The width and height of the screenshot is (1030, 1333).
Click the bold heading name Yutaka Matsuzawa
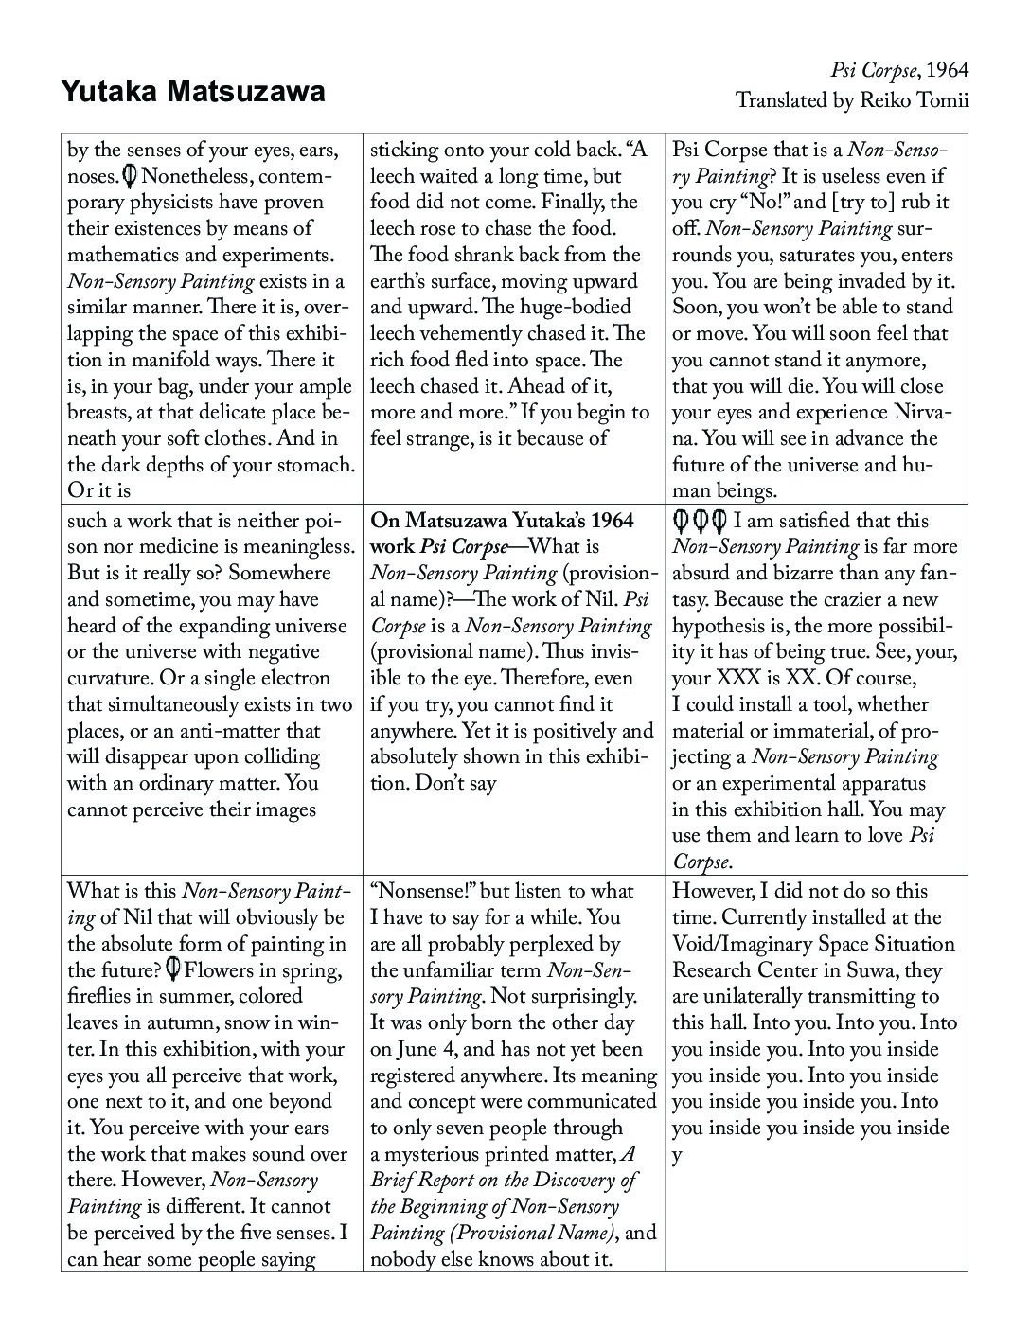pos(193,91)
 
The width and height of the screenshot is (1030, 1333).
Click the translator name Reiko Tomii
pos(914,100)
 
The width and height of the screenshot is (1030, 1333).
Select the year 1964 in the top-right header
pos(948,70)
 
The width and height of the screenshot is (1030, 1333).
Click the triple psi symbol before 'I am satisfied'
pos(700,521)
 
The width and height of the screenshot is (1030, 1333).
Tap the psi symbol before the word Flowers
pos(173,969)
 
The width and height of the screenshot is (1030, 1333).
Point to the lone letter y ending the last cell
pos(678,1156)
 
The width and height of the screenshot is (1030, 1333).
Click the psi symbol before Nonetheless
pos(130,176)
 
